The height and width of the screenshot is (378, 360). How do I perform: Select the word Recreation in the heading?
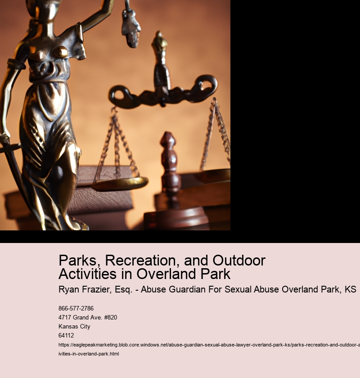coord(136,261)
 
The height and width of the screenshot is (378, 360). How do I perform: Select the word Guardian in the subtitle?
coord(190,289)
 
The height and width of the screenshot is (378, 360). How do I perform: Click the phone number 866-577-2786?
coord(76,309)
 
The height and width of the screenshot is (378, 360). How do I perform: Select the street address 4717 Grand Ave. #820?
coord(88,318)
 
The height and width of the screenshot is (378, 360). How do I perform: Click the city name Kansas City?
coord(74,327)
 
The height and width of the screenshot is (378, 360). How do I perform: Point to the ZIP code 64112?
coord(66,336)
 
